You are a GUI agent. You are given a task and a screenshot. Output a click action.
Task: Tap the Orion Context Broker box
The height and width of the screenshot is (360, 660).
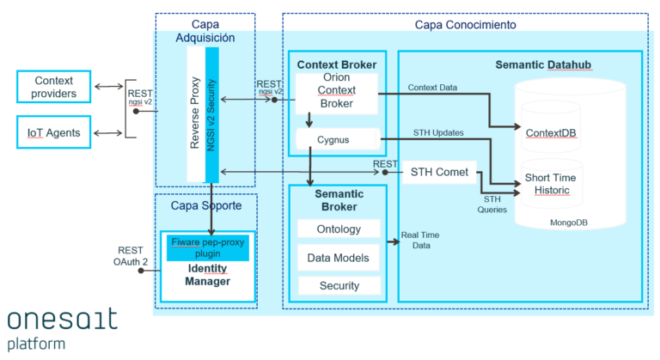336,92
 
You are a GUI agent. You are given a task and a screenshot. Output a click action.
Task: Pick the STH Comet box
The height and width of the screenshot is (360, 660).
438,172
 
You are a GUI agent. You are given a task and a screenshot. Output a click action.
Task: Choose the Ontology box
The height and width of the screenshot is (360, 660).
339,229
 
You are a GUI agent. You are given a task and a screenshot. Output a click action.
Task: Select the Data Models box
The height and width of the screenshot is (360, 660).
339,257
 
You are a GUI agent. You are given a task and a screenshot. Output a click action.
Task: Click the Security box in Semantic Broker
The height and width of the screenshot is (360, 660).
339,284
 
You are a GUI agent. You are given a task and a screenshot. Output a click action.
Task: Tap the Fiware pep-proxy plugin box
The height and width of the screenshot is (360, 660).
207,247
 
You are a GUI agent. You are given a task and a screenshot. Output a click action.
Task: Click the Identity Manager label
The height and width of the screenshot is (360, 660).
207,275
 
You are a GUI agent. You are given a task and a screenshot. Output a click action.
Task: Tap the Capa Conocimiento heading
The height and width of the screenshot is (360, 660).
465,25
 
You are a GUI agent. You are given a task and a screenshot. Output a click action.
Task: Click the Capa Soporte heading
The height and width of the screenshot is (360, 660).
206,206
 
